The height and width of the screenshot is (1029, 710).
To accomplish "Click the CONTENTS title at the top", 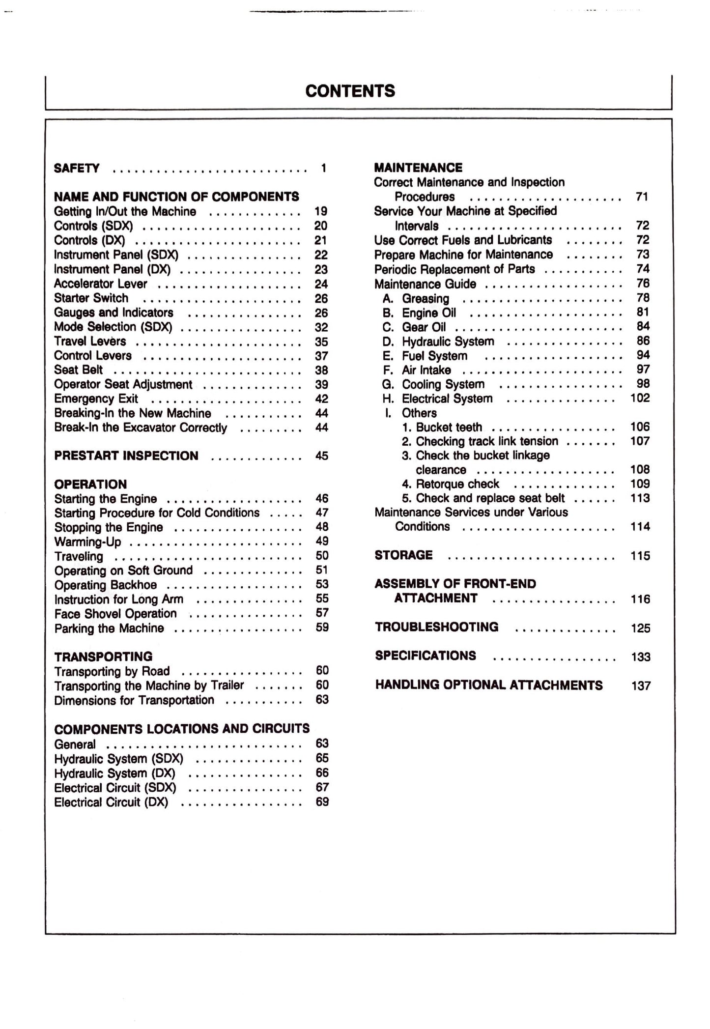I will coord(350,91).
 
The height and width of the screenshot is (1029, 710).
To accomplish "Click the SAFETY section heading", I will coord(77,168).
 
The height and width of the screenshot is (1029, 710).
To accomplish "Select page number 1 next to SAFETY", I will coord(323,168).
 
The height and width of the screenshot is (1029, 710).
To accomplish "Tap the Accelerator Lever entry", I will coord(100,284).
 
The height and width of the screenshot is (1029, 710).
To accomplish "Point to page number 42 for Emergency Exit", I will coord(321,399).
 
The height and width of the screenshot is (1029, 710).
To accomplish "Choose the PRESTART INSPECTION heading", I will coord(126,456).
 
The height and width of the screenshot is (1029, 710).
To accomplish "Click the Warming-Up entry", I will coord(87,542).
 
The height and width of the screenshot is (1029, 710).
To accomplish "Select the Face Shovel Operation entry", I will coord(115,613).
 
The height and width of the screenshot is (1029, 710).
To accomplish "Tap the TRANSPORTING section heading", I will coord(103,657).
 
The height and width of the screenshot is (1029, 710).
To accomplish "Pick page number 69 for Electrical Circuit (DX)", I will coord(322,801).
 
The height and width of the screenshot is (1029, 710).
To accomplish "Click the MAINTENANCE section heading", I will coord(418,168).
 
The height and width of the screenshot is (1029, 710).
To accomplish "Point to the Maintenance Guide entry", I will coord(425,284).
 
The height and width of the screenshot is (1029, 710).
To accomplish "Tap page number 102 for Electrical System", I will coord(640,398).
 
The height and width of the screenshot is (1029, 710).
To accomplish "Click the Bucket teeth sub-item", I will coord(442,427).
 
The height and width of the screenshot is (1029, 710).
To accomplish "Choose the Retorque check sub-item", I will coord(451,484).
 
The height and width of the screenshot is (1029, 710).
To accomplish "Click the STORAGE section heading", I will coord(403,555).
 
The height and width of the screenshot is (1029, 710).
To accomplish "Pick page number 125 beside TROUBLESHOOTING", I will coord(640,628).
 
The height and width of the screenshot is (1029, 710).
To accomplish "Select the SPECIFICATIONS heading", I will coord(426,656).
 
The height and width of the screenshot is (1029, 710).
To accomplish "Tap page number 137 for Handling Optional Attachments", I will coord(641,686).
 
